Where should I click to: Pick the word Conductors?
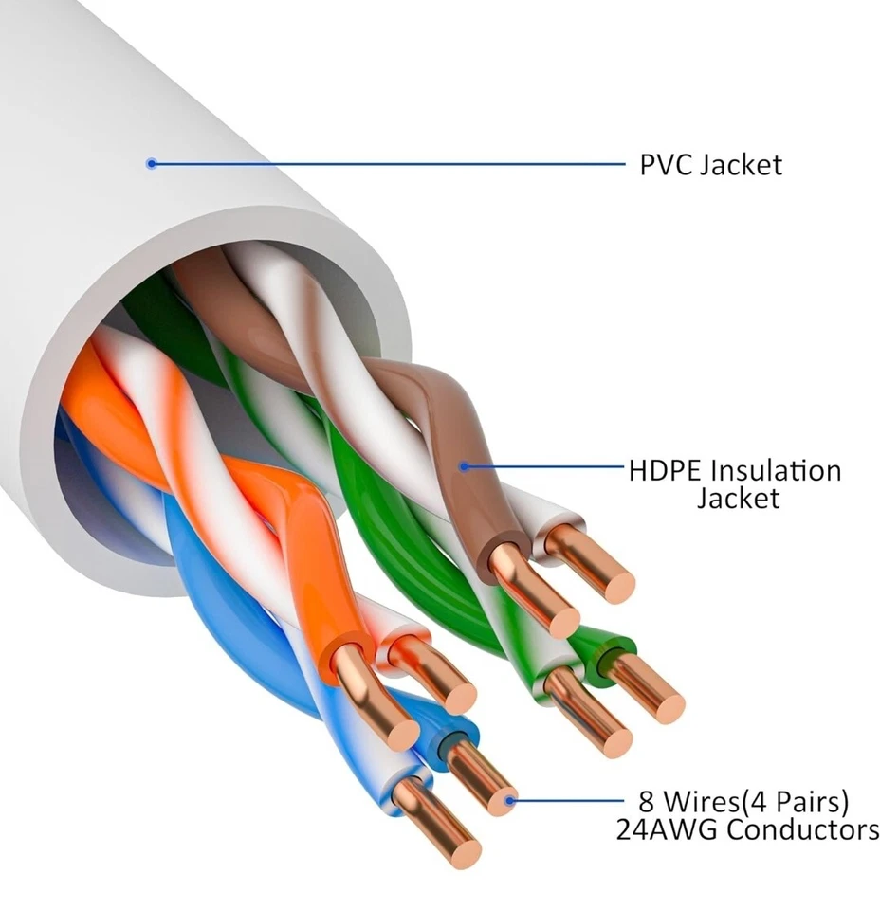[803, 830]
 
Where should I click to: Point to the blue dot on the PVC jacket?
[150, 163]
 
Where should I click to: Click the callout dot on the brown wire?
[464, 465]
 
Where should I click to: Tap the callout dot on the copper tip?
[510, 801]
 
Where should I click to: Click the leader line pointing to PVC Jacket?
[379, 163]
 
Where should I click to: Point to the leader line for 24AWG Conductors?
[569, 801]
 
